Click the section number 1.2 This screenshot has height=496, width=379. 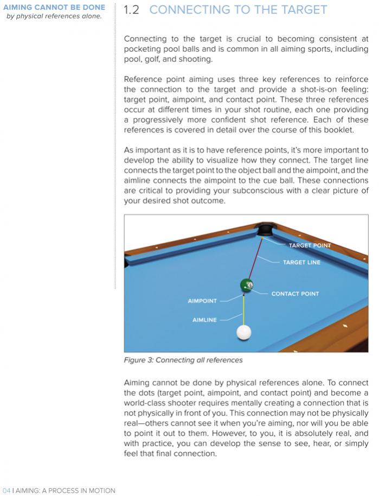[x=132, y=10]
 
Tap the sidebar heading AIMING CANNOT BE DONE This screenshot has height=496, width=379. [x=54, y=8]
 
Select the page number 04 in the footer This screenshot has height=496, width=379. [x=7, y=491]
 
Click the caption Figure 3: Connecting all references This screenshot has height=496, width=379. [x=183, y=360]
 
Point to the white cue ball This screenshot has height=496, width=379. [x=245, y=332]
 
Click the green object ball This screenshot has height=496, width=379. [x=246, y=285]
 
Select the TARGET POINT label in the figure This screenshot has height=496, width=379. [x=310, y=245]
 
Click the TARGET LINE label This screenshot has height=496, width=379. [x=301, y=263]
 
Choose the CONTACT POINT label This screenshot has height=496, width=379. [x=295, y=294]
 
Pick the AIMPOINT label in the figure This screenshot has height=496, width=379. [x=202, y=301]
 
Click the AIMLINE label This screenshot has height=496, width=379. [x=204, y=320]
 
